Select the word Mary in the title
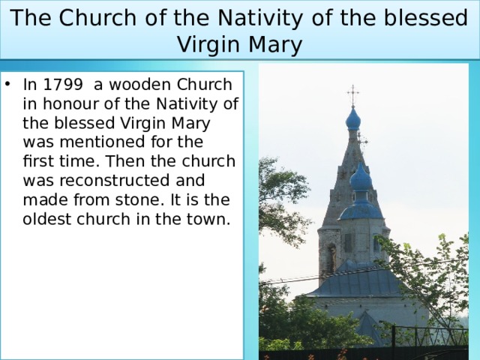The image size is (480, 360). (277, 45)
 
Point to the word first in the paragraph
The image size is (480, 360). (38, 161)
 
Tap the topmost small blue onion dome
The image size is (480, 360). (352, 118)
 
